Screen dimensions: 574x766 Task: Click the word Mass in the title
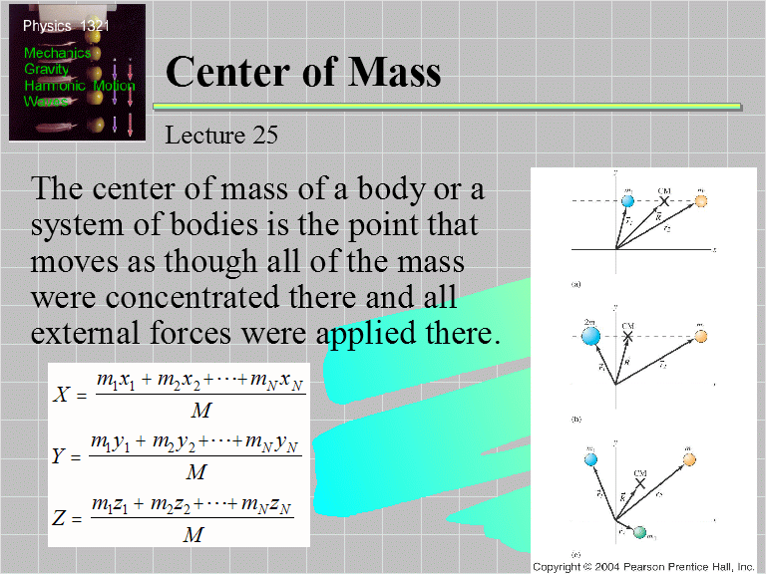click(x=388, y=72)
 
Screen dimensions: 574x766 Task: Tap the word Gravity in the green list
click(x=47, y=70)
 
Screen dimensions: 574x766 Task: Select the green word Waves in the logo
click(x=46, y=102)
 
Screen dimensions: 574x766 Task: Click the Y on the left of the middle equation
click(x=60, y=456)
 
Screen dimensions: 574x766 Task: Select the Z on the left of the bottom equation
click(x=60, y=519)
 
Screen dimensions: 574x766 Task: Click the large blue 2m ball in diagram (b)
click(x=589, y=336)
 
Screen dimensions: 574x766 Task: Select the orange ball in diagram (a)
click(x=701, y=201)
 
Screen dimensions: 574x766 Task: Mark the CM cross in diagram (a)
click(x=664, y=201)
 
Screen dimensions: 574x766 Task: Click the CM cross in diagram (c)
click(x=639, y=482)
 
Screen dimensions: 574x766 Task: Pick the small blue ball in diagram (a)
click(x=627, y=201)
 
